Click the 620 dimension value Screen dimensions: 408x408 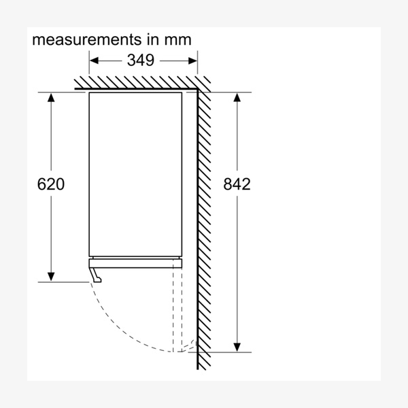click(x=51, y=184)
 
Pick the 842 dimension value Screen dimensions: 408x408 click(x=237, y=184)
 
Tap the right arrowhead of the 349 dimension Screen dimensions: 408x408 click(x=193, y=60)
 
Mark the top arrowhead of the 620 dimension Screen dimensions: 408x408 click(x=51, y=97)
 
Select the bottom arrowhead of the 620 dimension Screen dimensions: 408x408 click(x=51, y=276)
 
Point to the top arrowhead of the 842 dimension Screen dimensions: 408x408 click(x=237, y=97)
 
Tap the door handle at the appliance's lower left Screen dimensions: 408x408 click(x=97, y=273)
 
